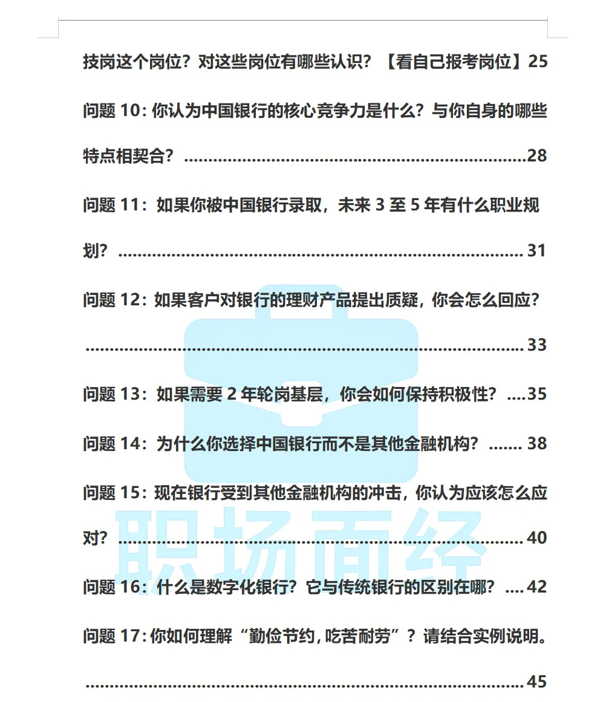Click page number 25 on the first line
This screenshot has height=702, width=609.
(x=538, y=62)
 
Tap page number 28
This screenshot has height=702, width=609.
(x=537, y=156)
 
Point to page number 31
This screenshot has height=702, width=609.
(x=536, y=250)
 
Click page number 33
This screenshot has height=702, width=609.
(x=537, y=345)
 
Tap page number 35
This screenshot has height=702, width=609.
(x=537, y=394)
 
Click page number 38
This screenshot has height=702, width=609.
(x=537, y=444)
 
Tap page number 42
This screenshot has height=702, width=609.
(x=537, y=587)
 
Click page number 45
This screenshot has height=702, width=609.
(x=537, y=681)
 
